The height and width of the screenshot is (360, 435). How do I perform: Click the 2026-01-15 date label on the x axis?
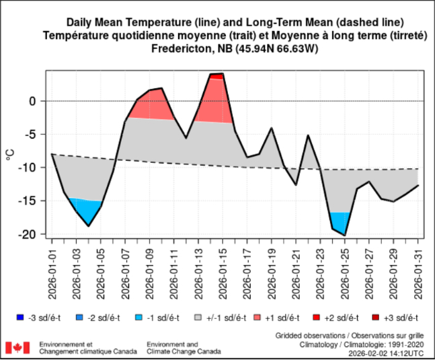point(223,270)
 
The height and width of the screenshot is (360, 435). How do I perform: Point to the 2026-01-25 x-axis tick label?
point(345,270)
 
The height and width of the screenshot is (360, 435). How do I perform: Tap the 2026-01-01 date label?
point(52,270)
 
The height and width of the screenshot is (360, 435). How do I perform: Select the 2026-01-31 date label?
point(418,270)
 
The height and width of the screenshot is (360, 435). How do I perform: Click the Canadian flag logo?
point(17,348)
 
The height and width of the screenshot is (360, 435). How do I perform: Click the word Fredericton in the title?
point(179,49)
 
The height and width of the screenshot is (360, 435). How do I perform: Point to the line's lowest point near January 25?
point(345,236)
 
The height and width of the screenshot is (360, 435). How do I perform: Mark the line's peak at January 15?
point(223,73)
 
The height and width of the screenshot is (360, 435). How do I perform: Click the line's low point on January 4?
point(89,226)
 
